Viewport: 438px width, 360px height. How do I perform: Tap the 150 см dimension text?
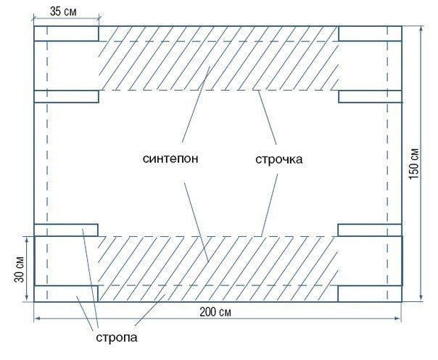tap(413, 164)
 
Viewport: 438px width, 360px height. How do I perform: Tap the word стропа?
tap(116, 337)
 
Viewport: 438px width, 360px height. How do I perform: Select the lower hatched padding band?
tap(218, 268)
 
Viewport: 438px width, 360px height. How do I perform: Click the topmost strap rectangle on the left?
tap(66, 34)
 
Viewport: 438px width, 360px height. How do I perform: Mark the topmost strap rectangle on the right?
tap(370, 34)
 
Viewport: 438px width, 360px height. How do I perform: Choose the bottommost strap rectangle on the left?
tap(66, 293)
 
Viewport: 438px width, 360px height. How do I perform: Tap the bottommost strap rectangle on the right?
tap(370, 293)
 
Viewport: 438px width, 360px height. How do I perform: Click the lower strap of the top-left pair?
tap(66, 97)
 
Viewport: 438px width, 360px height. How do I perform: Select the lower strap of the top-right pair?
tap(370, 97)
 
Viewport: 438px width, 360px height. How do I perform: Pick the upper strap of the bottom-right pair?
tap(370, 230)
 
